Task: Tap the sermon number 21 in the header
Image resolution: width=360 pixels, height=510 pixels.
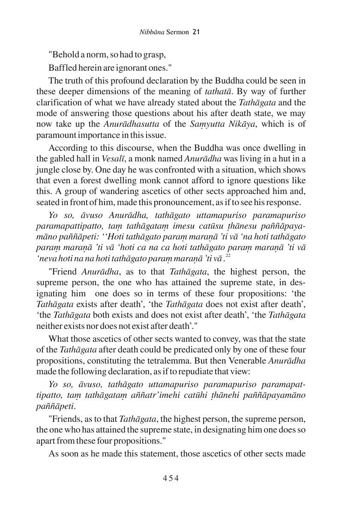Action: click(197, 32)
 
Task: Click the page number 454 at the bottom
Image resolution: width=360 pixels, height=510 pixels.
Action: click(170, 478)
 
